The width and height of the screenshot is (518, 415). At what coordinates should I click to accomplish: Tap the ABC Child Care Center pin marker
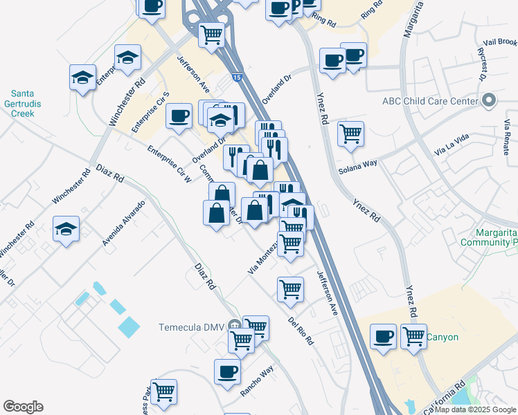[489, 101]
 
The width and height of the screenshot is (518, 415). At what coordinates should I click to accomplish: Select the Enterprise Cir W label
[169, 164]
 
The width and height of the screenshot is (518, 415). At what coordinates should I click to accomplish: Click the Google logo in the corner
[24, 407]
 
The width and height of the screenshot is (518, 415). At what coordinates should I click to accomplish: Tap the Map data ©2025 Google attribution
[476, 409]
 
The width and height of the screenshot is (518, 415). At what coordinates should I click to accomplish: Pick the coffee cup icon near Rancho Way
[227, 371]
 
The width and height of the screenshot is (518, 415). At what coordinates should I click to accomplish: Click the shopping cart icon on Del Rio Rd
[290, 288]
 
